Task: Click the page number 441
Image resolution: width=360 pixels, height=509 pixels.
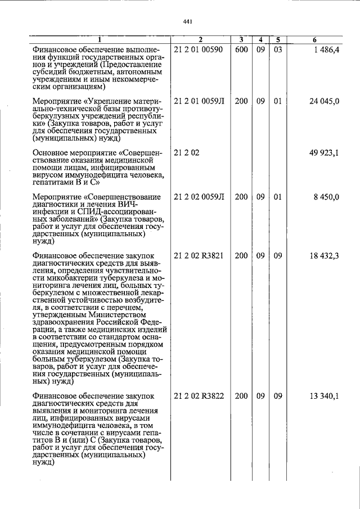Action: (x=188, y=22)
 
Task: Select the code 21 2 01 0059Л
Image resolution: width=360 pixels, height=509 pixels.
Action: (x=199, y=101)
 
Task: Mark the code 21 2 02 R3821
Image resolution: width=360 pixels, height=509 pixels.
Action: (x=199, y=255)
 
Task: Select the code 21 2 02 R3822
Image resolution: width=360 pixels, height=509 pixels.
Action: (x=199, y=396)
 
